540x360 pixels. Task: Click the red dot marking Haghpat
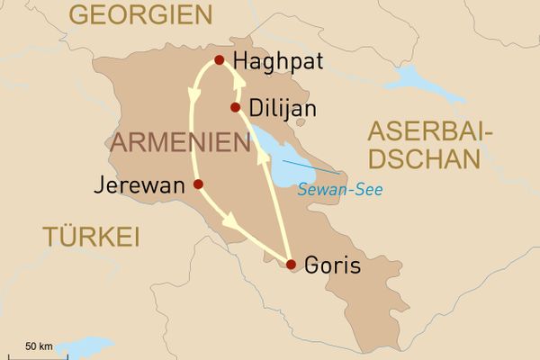(x=219, y=61)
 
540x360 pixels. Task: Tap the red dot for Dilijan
(x=235, y=108)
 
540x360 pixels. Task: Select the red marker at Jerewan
(x=198, y=184)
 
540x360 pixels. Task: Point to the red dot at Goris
(x=291, y=265)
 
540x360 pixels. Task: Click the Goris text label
(x=332, y=266)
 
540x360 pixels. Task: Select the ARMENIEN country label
(x=180, y=142)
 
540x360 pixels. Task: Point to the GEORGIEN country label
(x=141, y=15)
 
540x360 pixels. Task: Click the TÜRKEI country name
(x=90, y=237)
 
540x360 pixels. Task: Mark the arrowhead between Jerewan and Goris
(x=232, y=220)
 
